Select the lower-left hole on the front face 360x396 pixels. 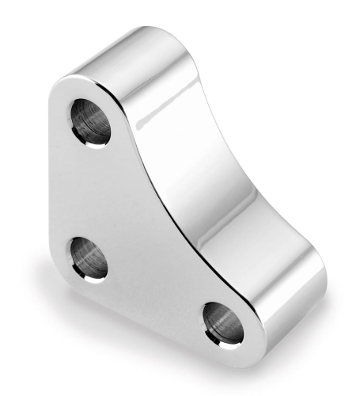[x=87, y=258]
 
